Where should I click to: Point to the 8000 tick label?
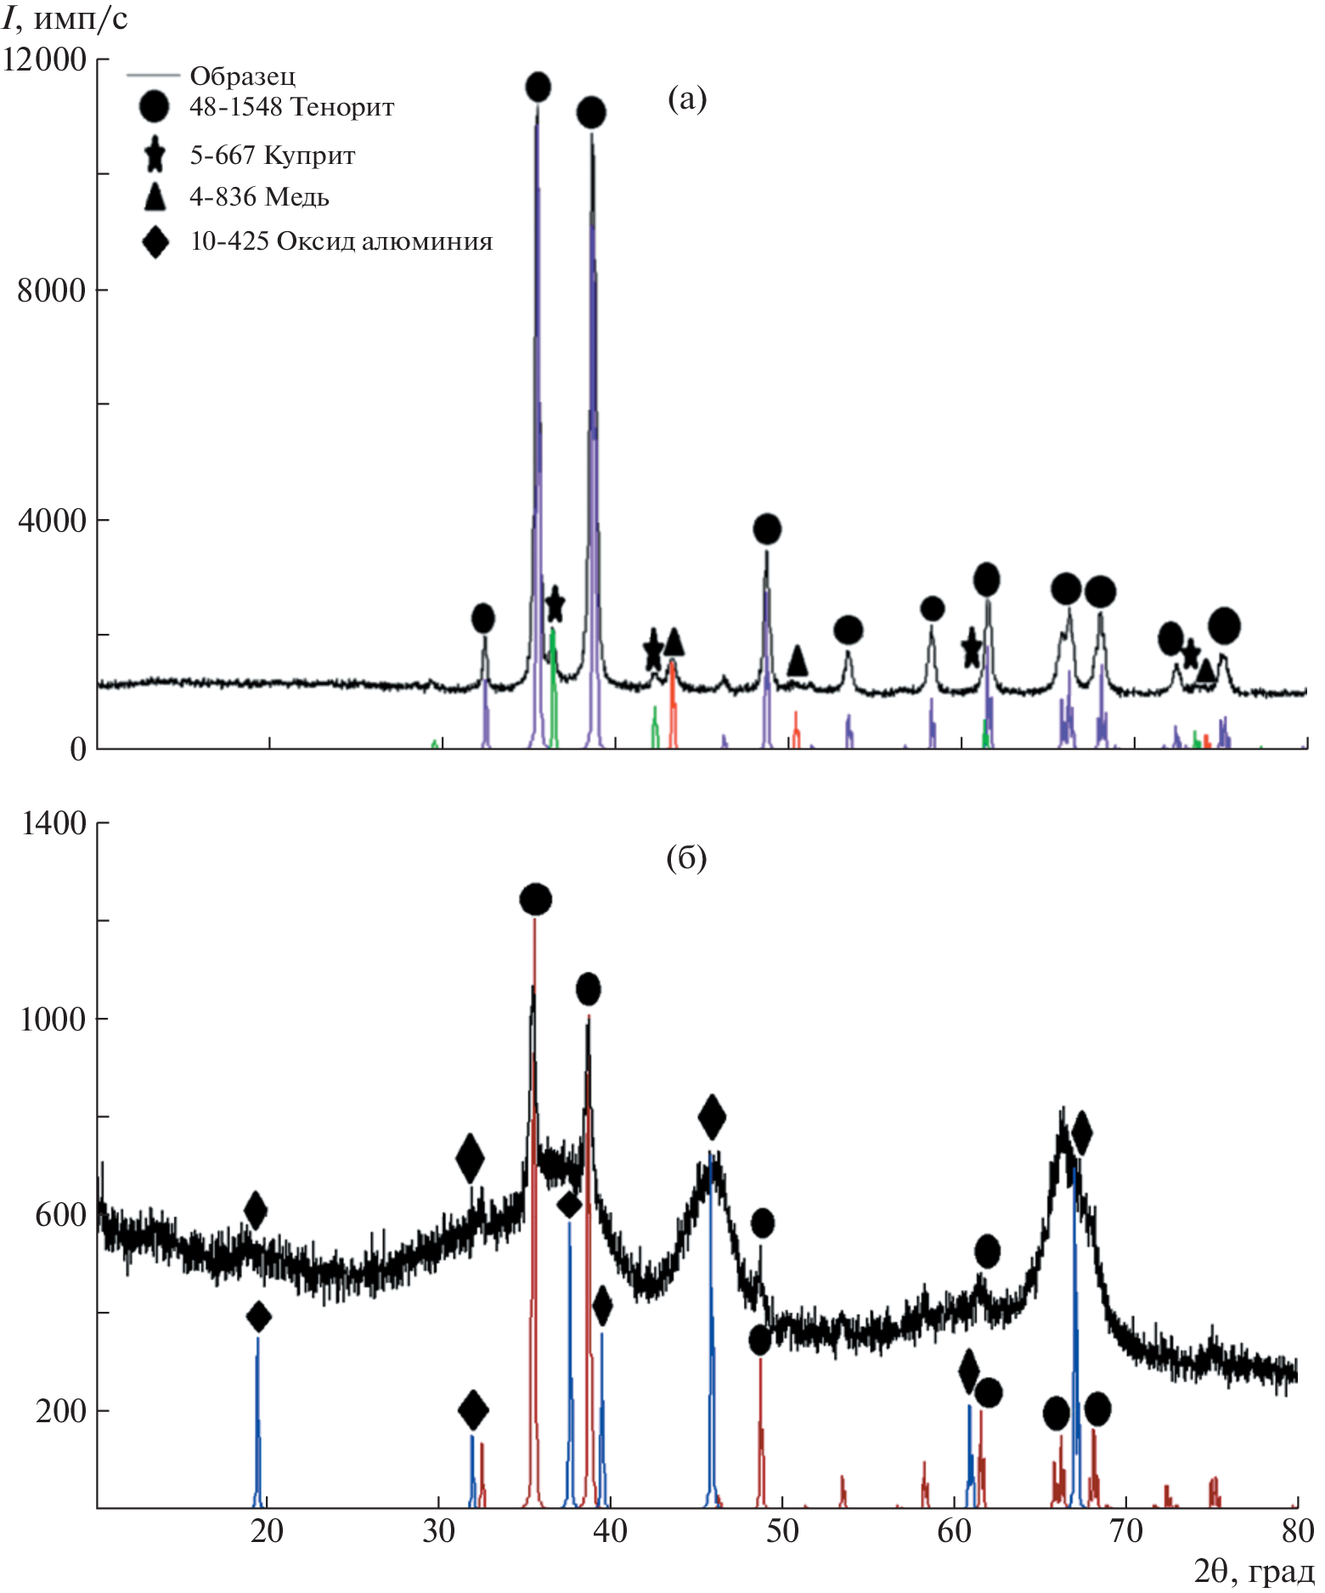tap(52, 291)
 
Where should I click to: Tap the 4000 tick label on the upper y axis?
tap(52, 520)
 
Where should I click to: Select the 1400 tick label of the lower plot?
tap(54, 823)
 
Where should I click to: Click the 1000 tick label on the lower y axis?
tap(54, 1019)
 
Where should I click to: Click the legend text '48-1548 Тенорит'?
tap(291, 108)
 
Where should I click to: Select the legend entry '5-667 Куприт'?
tap(272, 155)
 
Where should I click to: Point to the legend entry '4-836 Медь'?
tap(259, 197)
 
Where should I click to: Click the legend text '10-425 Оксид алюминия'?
tap(341, 242)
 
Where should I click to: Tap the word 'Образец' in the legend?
tap(243, 76)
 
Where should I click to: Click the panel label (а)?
tap(687, 99)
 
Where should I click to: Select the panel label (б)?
tap(686, 858)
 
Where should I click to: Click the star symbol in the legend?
tap(155, 155)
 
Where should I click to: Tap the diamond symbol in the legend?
tap(155, 242)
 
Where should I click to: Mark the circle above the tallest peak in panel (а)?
tap(538, 87)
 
